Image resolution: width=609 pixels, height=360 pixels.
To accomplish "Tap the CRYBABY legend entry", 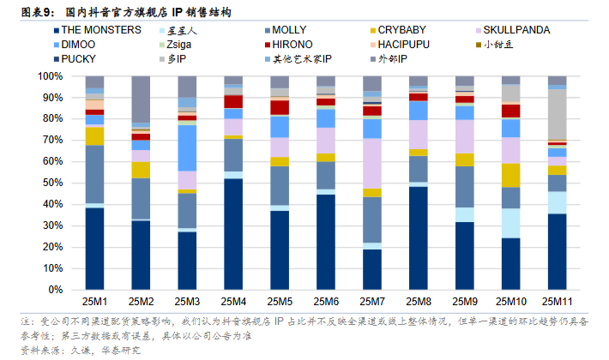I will [401, 29].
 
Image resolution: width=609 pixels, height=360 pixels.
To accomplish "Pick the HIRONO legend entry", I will [299, 43].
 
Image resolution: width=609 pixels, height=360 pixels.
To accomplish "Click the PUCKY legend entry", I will [84, 58].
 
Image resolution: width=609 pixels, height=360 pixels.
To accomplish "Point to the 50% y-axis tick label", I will [54, 183].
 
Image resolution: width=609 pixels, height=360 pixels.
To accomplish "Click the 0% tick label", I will [57, 289].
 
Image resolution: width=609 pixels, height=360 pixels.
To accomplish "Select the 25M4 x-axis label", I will [232, 301].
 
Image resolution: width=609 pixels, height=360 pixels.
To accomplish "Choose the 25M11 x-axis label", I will [557, 301].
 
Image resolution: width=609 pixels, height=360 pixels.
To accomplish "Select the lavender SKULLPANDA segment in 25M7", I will [372, 163].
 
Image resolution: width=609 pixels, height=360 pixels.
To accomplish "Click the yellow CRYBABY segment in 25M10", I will [510, 175].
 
